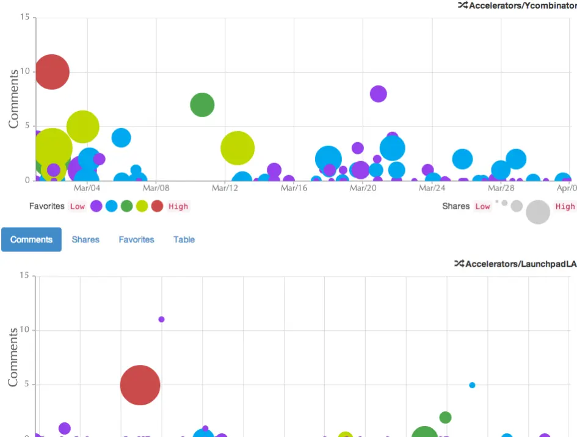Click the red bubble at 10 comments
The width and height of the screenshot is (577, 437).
pyautogui.click(x=52, y=72)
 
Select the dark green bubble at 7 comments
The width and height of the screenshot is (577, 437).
pyautogui.click(x=202, y=105)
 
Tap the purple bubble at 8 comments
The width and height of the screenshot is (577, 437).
pyautogui.click(x=378, y=93)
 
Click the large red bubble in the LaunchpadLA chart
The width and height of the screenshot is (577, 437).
pyautogui.click(x=140, y=385)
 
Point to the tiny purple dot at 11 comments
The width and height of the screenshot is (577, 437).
pyautogui.click(x=161, y=319)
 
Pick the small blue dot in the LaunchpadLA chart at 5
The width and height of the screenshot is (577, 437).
pyautogui.click(x=472, y=385)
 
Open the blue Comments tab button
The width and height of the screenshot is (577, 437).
pyautogui.click(x=31, y=239)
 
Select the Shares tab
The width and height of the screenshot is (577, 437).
pyautogui.click(x=85, y=239)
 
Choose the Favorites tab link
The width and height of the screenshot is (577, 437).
pyautogui.click(x=136, y=239)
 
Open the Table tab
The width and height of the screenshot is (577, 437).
pyautogui.click(x=184, y=239)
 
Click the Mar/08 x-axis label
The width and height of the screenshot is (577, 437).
pyautogui.click(x=156, y=188)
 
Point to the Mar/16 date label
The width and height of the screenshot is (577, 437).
pyautogui.click(x=294, y=188)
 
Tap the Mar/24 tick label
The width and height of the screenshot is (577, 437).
pyautogui.click(x=432, y=188)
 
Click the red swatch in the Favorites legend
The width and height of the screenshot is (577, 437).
pyautogui.click(x=157, y=206)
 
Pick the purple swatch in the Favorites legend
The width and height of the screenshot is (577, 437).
pyautogui.click(x=96, y=206)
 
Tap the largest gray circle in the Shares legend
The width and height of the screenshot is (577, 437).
pyautogui.click(x=538, y=212)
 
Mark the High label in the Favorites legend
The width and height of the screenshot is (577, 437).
pyautogui.click(x=178, y=206)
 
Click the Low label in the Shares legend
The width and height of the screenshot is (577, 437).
pyautogui.click(x=482, y=206)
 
